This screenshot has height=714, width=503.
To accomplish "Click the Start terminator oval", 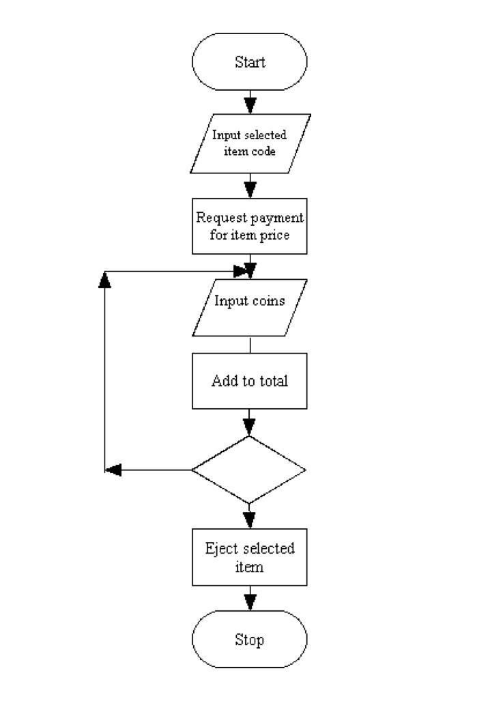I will pyautogui.click(x=250, y=61).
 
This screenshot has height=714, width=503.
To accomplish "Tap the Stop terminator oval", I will pyautogui.click(x=250, y=640).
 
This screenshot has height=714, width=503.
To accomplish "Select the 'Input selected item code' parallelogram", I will pyautogui.click(x=250, y=143).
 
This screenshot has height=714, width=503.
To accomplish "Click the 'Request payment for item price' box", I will pyautogui.click(x=250, y=225).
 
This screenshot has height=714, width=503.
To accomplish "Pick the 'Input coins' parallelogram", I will pyautogui.click(x=250, y=308).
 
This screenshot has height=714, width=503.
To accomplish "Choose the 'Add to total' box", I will pyautogui.click(x=250, y=380).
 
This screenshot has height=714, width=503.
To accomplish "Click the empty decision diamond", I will pyautogui.click(x=249, y=470).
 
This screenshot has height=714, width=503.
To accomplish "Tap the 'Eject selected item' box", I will pyautogui.click(x=250, y=556).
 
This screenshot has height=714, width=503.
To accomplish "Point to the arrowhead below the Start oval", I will pyautogui.click(x=250, y=104).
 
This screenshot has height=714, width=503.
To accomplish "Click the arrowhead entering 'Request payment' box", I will pyautogui.click(x=250, y=186).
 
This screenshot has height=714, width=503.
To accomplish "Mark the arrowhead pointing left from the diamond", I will pyautogui.click(x=115, y=470).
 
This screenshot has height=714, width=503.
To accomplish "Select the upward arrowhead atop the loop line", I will pyautogui.click(x=104, y=279).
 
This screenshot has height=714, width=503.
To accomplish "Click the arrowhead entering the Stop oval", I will pyautogui.click(x=250, y=601).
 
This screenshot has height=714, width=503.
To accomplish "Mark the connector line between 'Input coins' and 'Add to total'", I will pyautogui.click(x=250, y=345).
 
